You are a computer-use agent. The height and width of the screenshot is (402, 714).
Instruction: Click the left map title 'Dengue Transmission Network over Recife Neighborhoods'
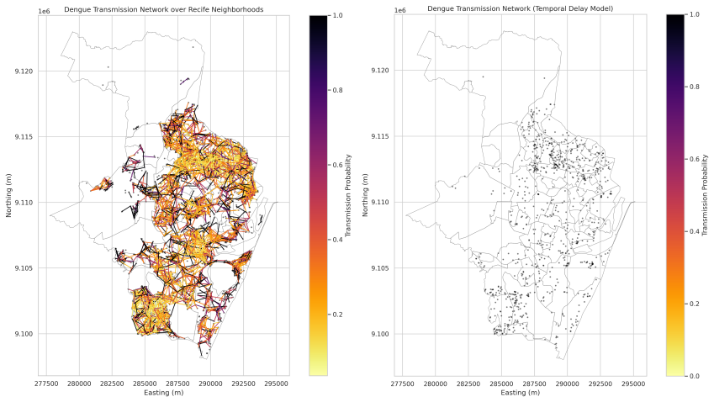163,9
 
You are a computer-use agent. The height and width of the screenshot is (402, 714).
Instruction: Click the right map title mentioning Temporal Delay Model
520,8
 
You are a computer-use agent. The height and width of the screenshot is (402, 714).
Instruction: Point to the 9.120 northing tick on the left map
24,71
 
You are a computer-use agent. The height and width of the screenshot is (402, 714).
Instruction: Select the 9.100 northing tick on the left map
24,334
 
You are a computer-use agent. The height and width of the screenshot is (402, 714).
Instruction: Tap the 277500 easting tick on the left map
46,383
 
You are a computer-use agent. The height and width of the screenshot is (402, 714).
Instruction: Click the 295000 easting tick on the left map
277,383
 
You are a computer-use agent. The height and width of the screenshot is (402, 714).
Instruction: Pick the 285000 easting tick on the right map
501,383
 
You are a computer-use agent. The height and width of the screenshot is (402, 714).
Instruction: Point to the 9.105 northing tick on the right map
380,268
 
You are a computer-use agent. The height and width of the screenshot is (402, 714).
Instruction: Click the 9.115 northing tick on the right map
380,136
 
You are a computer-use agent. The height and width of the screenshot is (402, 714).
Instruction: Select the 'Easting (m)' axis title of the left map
163,393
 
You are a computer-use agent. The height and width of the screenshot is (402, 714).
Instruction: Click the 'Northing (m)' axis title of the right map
365,195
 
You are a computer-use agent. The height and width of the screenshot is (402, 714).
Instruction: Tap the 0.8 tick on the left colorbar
337,90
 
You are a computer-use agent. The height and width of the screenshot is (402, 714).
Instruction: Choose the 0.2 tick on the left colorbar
337,315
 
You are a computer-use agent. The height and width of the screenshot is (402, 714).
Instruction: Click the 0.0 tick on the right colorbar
695,376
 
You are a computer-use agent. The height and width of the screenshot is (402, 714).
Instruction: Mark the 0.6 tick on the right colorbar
695,159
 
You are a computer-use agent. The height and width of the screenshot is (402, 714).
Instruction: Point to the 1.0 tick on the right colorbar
695,14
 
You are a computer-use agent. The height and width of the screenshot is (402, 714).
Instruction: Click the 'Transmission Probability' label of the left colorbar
348,195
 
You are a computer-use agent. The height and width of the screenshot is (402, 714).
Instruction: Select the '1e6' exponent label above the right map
399,11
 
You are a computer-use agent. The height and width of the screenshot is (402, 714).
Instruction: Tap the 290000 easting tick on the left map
210,383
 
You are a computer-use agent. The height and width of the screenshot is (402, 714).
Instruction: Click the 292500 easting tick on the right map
600,383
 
